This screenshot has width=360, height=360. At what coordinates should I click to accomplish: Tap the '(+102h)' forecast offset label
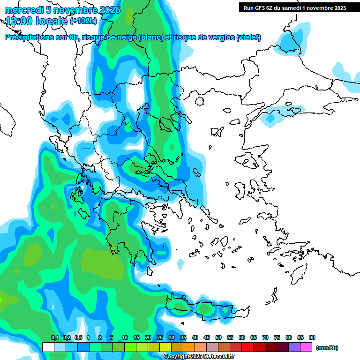click(x=83, y=21)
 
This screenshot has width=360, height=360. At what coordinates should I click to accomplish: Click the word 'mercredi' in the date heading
click(x=24, y=10)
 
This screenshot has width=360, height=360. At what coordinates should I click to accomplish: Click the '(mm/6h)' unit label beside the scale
click(x=327, y=348)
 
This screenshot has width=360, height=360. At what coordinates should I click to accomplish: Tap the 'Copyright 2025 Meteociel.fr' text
click(x=199, y=357)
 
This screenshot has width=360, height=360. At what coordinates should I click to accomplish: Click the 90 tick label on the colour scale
click(x=312, y=337)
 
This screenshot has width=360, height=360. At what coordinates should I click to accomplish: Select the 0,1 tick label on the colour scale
click(x=54, y=337)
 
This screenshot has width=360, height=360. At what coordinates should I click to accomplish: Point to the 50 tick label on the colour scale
click(x=218, y=337)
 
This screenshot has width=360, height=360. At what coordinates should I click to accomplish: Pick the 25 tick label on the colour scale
click(x=160, y=337)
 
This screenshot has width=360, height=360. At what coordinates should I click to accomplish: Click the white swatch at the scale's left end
click(x=48, y=347)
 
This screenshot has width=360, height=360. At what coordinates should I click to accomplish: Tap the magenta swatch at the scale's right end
click(x=306, y=347)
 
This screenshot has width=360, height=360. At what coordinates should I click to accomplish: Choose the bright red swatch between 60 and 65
click(x=247, y=347)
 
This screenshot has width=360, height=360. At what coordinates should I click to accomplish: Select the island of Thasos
click(x=199, y=101)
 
